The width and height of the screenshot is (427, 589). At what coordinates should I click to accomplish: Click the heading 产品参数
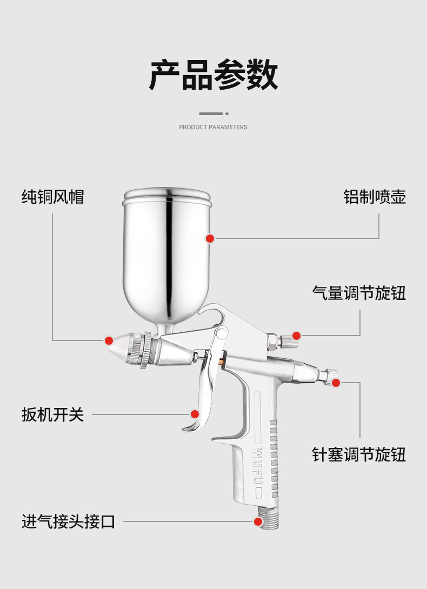[213, 75]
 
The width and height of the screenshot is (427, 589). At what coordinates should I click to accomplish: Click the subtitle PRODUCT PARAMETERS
[213, 127]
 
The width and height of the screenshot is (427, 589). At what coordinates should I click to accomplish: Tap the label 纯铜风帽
[53, 196]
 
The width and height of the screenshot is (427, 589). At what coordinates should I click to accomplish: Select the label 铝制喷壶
[375, 196]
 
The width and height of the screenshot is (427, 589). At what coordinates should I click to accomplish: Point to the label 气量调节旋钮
[359, 293]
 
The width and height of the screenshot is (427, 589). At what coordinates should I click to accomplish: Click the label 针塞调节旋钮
[359, 454]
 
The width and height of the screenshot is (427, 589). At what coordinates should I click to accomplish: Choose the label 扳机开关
[53, 414]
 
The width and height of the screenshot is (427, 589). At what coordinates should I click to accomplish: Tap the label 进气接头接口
[69, 521]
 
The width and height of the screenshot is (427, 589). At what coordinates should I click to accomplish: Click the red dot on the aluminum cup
[210, 238]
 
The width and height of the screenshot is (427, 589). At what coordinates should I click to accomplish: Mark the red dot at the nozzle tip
[109, 340]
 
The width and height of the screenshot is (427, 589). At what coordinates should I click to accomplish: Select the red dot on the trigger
[195, 414]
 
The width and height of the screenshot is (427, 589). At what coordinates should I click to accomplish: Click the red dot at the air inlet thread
[258, 521]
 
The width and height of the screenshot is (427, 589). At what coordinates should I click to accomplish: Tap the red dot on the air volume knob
[296, 336]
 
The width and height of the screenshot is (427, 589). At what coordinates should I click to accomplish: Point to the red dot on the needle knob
[336, 383]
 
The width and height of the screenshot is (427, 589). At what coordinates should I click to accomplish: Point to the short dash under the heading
[211, 113]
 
